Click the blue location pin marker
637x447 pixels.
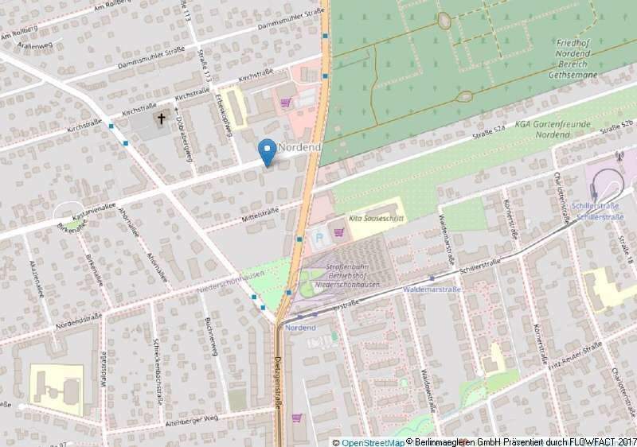268,150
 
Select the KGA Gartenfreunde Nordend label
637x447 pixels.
553,130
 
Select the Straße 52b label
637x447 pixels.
616,128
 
